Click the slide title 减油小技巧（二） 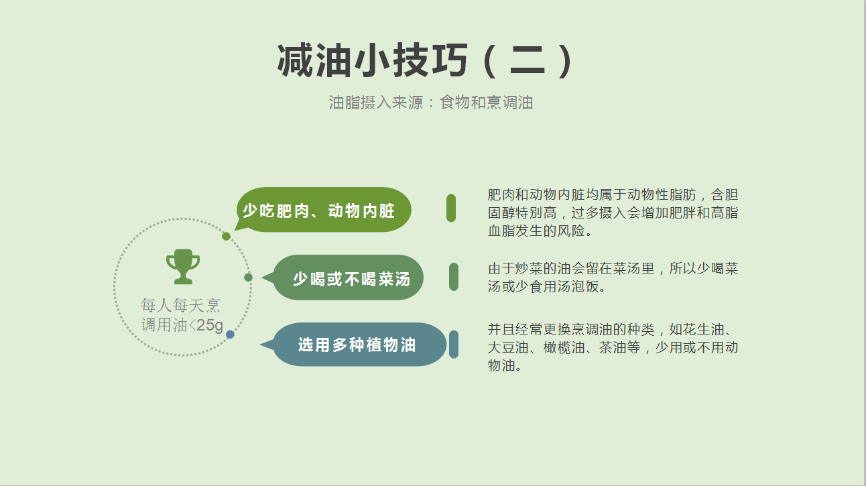pos(425,61)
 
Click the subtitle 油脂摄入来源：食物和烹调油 pos(431,103)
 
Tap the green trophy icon pos(183,266)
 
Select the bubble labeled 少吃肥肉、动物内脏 pos(323,210)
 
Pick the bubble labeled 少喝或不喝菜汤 pos(343,278)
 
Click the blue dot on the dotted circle pos(230,335)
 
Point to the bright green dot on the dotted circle pos(226,236)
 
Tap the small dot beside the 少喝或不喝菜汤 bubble pos(248,278)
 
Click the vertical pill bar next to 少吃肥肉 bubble pos(451,208)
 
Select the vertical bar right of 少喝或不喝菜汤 pos(454,277)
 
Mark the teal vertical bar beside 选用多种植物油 pos(454,345)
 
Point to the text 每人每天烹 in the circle pos(180,306)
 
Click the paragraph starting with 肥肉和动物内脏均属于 pos(613,212)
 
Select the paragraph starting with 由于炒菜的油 pos(613,278)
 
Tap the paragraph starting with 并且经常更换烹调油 pos(613,347)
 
